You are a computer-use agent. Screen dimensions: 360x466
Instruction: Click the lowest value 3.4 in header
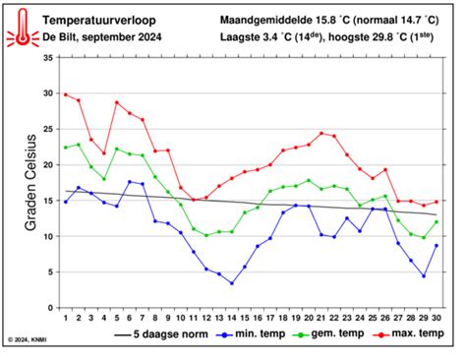[x=272, y=37]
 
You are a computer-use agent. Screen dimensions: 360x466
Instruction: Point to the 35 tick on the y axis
[x=48, y=58]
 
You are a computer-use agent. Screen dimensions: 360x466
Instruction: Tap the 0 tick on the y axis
[x=51, y=307]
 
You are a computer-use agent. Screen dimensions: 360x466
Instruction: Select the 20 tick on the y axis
[x=48, y=164]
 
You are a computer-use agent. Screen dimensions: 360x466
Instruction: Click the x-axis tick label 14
[x=231, y=318]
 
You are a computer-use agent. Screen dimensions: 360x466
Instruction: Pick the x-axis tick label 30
[x=436, y=318]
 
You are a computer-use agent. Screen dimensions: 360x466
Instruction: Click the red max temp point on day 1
[x=66, y=94]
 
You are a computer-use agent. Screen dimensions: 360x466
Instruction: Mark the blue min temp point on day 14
[x=231, y=283]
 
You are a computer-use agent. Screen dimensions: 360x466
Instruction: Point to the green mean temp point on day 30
[x=436, y=221]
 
